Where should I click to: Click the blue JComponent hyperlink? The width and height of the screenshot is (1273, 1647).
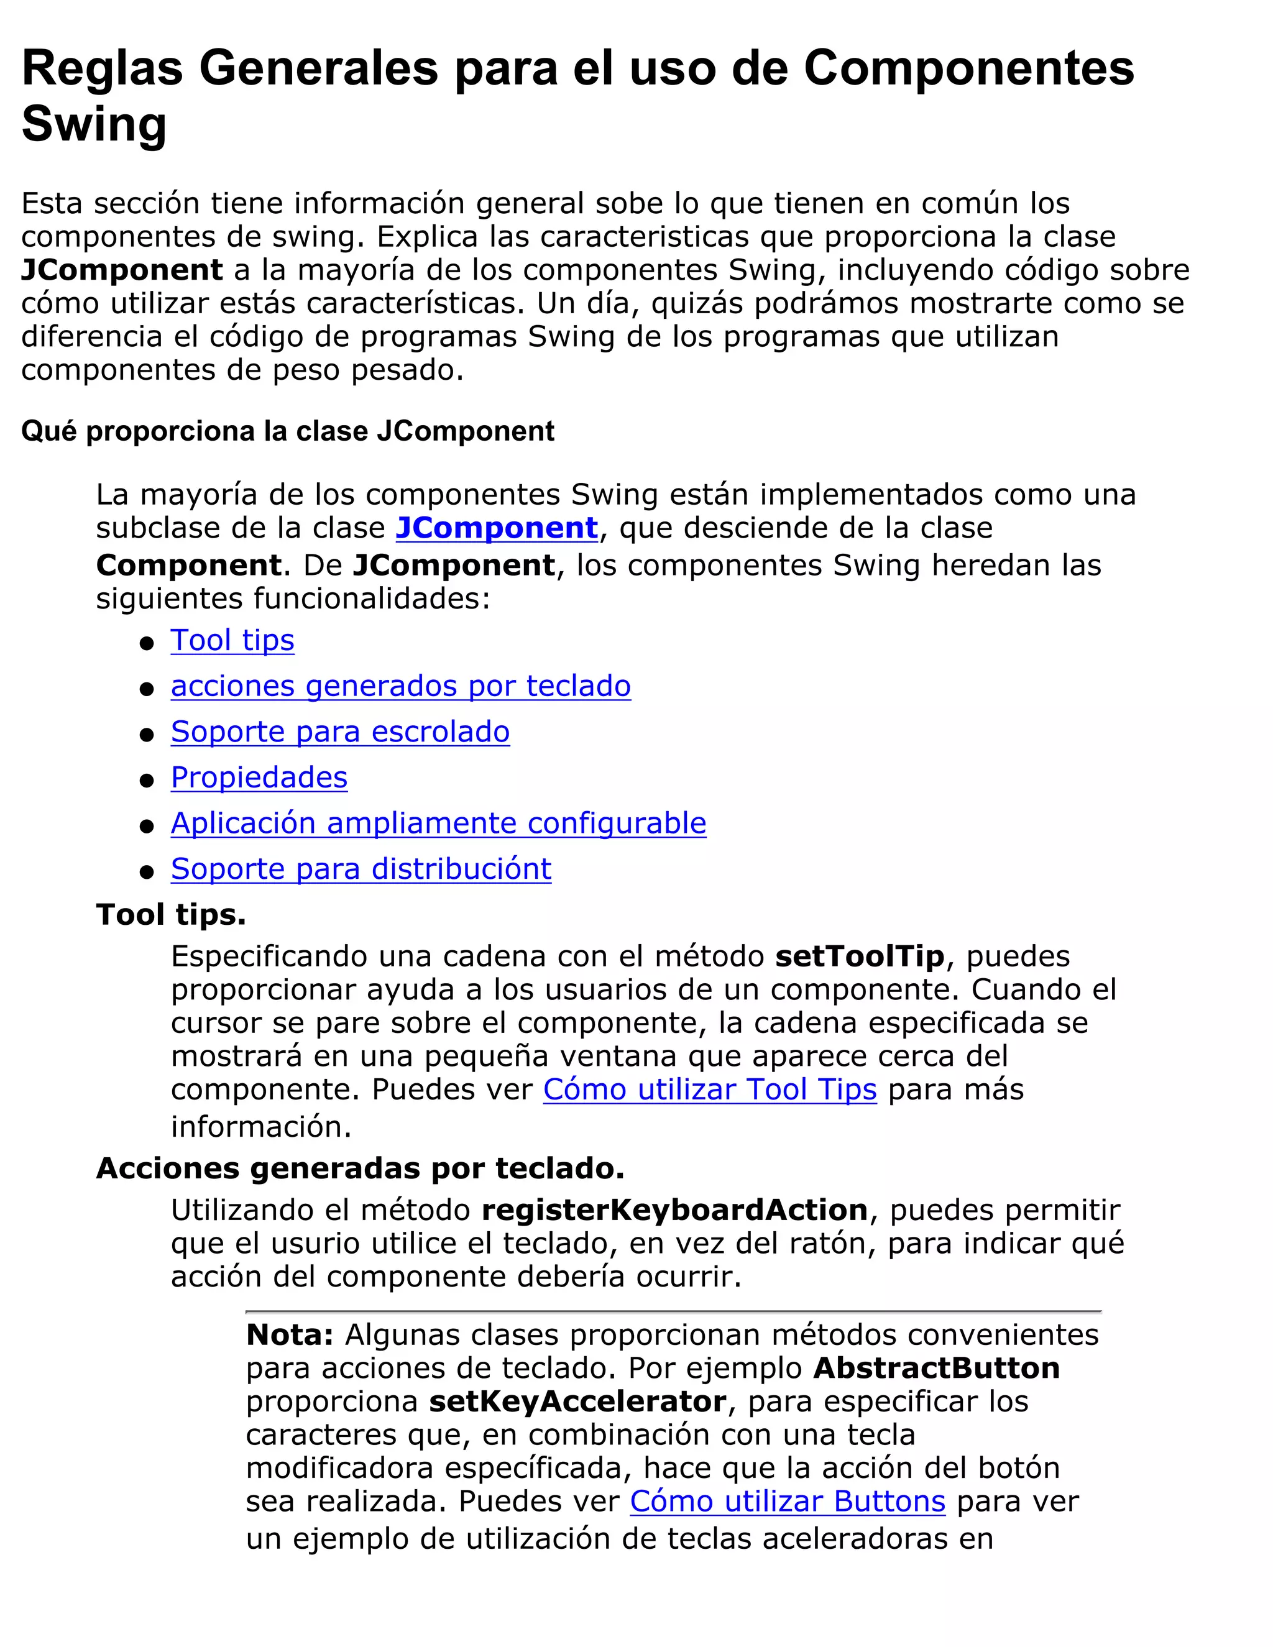[497, 528]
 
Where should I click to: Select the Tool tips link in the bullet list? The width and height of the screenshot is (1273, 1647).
[232, 640]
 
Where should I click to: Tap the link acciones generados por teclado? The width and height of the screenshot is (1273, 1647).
[400, 686]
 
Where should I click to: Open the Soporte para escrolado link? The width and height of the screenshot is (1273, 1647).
[340, 732]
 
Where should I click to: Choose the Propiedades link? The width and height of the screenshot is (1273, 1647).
[259, 778]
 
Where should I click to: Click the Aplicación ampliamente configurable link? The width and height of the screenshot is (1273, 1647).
[438, 823]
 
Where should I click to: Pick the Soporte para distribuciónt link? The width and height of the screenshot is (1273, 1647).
[361, 869]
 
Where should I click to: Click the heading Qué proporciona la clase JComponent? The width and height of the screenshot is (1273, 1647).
[287, 431]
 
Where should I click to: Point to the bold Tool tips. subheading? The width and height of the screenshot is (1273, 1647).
[171, 915]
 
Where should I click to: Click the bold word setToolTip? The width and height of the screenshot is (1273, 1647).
[860, 957]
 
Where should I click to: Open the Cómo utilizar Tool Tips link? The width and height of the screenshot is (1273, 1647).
[710, 1090]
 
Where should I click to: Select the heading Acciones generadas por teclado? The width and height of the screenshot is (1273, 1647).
[360, 1168]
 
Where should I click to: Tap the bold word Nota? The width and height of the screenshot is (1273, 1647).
[290, 1335]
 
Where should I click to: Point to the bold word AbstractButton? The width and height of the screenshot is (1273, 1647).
[936, 1368]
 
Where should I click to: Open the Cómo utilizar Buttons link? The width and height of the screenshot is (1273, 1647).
[788, 1502]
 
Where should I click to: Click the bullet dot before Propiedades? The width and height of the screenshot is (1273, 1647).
[147, 781]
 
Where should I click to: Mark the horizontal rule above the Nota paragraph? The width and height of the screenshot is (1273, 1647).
[673, 1312]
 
